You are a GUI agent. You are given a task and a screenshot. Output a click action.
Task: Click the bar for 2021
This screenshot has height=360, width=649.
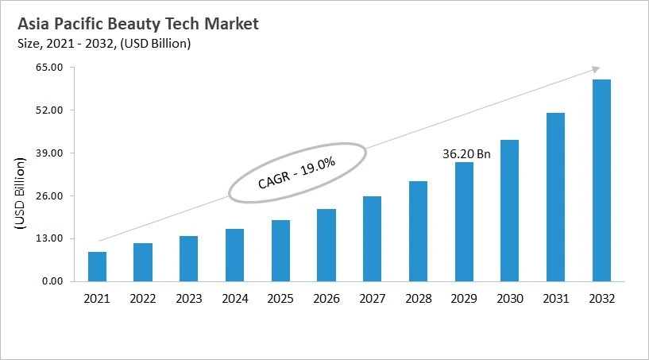click(97, 266)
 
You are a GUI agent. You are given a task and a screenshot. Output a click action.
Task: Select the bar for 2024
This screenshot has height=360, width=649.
click(234, 255)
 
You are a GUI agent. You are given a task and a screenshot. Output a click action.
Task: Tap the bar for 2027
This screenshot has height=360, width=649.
click(372, 238)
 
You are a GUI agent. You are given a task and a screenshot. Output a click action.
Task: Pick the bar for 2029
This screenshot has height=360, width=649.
click(464, 222)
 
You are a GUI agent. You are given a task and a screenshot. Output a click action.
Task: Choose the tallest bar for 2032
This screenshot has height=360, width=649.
click(601, 180)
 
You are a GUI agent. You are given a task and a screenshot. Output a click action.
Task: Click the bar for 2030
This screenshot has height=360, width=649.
click(509, 211)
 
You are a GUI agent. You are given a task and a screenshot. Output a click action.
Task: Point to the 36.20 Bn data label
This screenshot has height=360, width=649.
click(466, 154)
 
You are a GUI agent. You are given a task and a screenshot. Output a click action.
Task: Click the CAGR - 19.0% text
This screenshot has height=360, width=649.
click(297, 172)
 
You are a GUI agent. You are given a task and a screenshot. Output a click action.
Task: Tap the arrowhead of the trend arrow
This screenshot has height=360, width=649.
click(596, 70)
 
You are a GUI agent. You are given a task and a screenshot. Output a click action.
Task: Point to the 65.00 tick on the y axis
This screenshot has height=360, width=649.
click(50, 68)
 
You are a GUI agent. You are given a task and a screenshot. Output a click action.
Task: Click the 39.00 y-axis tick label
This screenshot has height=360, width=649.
click(50, 153)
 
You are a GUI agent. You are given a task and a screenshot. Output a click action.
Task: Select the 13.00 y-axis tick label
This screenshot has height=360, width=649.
click(50, 238)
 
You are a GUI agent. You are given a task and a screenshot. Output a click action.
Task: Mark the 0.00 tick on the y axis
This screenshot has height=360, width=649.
click(52, 281)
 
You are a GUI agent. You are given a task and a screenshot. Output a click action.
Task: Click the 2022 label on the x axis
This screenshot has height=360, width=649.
click(143, 299)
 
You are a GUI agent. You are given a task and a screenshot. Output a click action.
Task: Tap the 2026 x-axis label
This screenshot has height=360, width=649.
click(326, 299)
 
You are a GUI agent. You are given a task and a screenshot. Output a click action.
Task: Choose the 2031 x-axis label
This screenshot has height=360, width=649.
click(555, 299)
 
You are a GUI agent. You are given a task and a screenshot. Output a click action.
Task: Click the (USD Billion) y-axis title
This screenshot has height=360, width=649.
click(21, 194)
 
